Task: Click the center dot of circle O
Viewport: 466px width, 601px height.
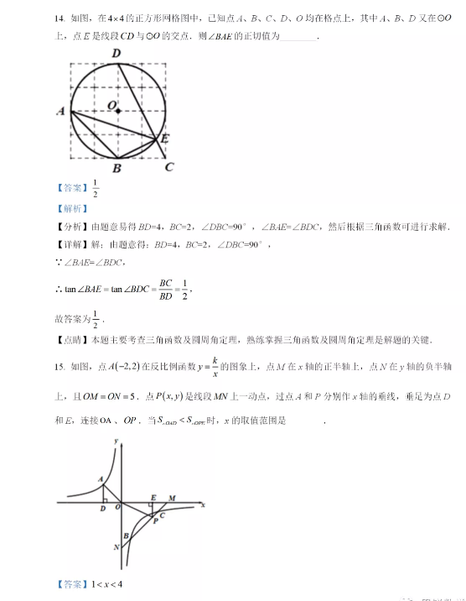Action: [118, 111]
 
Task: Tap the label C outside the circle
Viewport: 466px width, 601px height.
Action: [169, 167]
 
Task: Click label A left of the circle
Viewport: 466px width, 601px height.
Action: [60, 111]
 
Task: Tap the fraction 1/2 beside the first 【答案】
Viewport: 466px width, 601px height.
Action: [96, 189]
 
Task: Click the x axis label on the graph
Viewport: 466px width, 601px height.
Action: [203, 505]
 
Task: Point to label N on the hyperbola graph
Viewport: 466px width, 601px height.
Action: [116, 547]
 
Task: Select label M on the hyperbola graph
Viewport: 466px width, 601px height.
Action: [171, 498]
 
